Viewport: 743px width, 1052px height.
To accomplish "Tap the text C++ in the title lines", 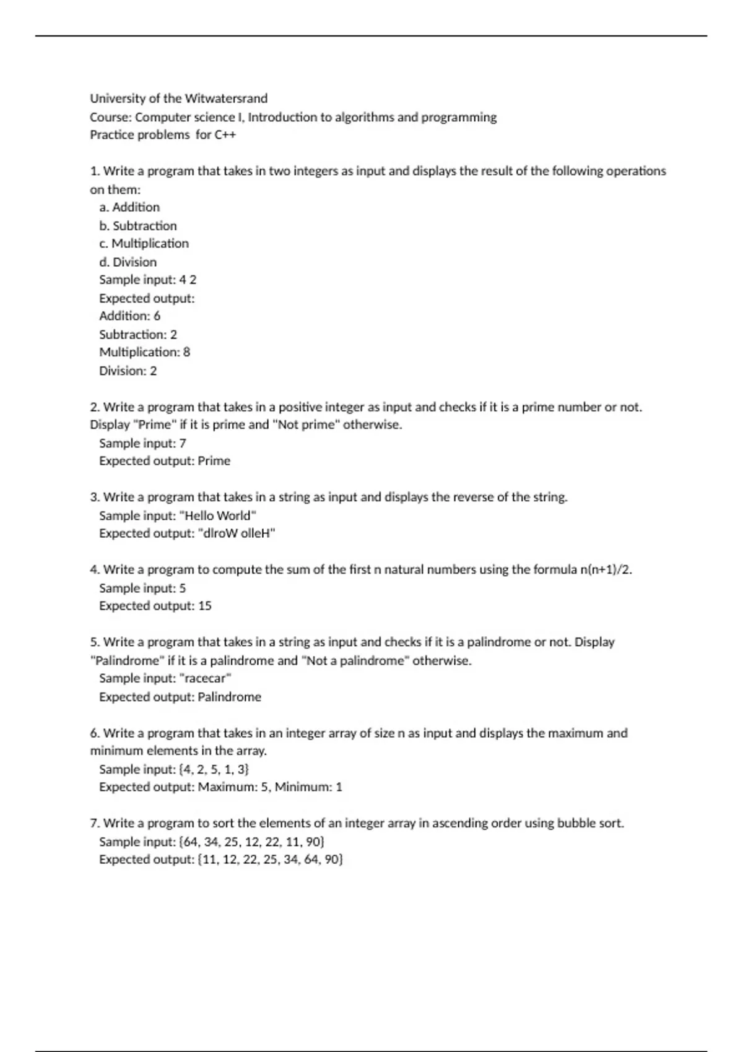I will tap(225, 135).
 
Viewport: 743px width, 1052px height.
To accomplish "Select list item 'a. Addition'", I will tap(129, 207).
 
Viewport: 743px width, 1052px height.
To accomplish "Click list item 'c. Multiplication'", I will tap(144, 243).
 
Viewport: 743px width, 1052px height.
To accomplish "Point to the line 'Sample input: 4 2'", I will tap(147, 280).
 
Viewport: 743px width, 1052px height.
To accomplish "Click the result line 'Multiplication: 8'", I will tap(144, 352).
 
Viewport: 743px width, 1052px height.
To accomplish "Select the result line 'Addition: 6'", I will tap(129, 316).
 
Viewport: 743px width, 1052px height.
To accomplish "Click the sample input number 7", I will tap(183, 443).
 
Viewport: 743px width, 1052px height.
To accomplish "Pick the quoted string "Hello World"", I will tap(217, 515).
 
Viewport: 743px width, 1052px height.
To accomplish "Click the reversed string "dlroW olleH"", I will tap(236, 533).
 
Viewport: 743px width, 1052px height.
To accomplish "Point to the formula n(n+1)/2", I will tap(606, 569).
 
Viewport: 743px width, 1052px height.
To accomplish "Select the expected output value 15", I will tap(205, 606).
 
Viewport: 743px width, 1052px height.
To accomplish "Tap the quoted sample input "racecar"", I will tap(204, 678).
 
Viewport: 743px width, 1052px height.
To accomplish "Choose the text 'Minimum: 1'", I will tap(308, 787).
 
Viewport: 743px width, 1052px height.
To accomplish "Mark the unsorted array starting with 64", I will tap(251, 842).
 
